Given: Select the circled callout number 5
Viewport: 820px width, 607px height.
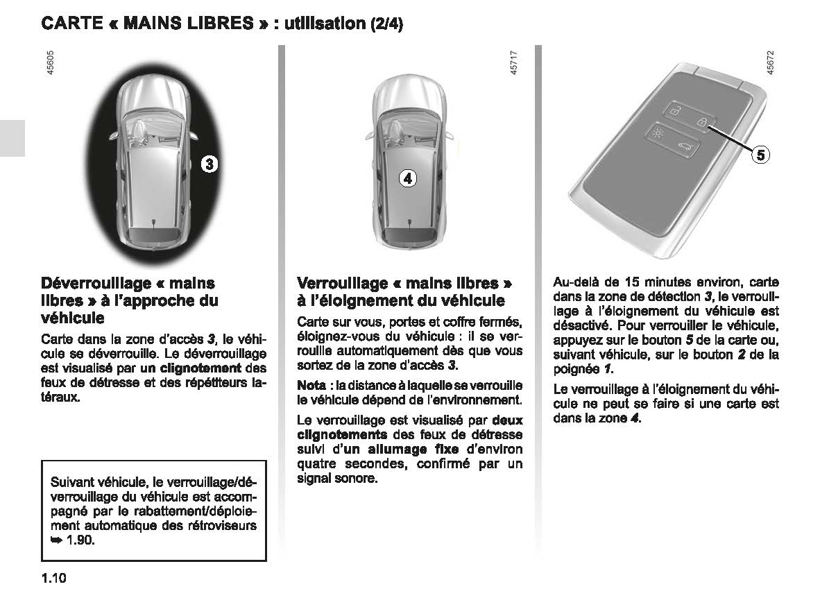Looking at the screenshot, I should (x=761, y=155).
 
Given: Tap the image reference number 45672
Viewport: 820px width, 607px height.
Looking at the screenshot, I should (x=769, y=64).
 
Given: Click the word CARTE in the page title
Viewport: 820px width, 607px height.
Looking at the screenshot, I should (x=73, y=24).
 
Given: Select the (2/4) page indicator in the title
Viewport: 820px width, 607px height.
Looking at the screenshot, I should (x=386, y=24).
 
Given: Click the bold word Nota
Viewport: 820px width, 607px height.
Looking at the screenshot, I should (x=311, y=385).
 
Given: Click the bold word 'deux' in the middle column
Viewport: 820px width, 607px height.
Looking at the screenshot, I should (x=508, y=420).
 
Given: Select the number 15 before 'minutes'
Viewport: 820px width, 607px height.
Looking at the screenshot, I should (x=631, y=282).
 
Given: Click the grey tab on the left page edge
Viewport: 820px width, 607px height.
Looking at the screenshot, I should (x=12, y=137).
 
